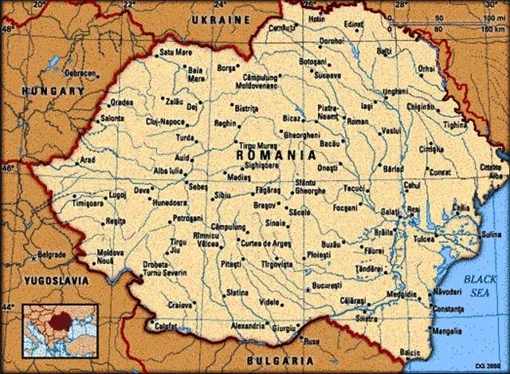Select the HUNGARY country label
pyautogui.click(x=53, y=92)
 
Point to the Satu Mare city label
pyautogui.click(x=176, y=53)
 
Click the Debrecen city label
pyautogui.click(x=80, y=72)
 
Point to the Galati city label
pyautogui.click(x=390, y=211)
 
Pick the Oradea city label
pyautogui.click(x=121, y=103)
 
